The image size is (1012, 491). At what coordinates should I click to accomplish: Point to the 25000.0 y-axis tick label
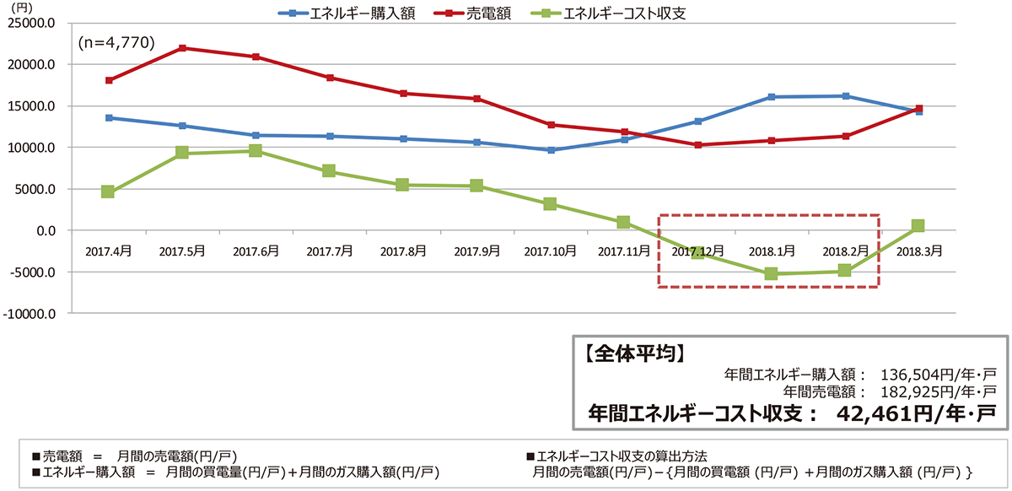[31, 24]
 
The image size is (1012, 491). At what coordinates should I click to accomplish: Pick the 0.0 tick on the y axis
[42, 231]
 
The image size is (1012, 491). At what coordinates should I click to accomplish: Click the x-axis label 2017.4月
[108, 251]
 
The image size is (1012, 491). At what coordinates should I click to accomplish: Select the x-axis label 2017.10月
[551, 251]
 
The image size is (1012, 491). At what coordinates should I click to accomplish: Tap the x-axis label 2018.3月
[918, 251]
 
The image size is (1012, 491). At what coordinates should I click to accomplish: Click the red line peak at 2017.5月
[182, 48]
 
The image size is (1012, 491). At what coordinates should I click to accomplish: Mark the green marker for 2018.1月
[771, 274]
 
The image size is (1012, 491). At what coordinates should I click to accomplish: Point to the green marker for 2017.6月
[256, 151]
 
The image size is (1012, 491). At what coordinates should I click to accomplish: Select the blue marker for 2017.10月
[551, 150]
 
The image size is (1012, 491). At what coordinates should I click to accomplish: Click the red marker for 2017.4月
[108, 80]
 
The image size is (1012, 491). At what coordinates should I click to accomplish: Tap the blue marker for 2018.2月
[844, 96]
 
